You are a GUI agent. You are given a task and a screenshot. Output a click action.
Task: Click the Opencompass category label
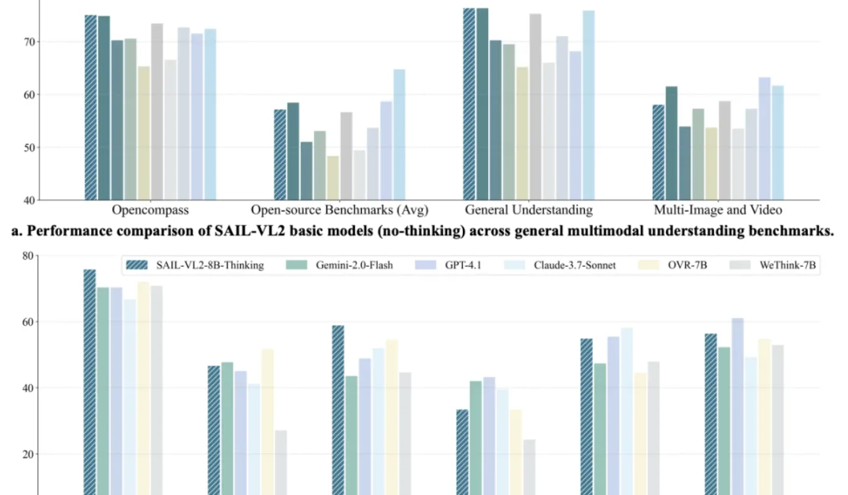click(x=150, y=210)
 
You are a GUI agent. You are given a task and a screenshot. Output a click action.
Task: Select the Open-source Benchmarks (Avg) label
click(x=340, y=210)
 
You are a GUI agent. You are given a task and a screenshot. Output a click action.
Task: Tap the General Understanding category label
click(x=529, y=210)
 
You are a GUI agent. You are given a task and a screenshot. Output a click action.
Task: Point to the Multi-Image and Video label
click(x=718, y=210)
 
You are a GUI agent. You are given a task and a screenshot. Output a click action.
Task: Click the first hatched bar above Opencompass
click(x=91, y=105)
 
